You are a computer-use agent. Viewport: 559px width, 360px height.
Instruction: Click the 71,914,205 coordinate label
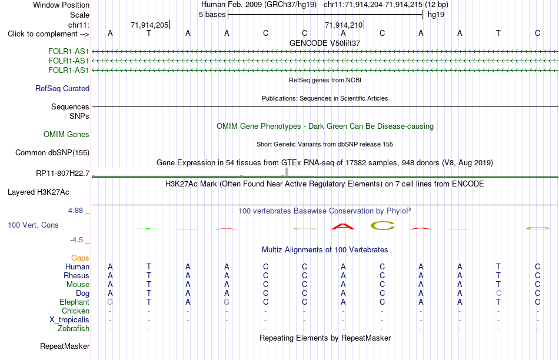(x=149, y=25)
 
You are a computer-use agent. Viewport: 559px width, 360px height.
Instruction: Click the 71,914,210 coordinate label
(x=343, y=25)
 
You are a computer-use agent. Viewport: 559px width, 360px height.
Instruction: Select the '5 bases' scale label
(x=212, y=15)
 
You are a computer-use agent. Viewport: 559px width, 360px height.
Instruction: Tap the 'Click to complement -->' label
(x=48, y=34)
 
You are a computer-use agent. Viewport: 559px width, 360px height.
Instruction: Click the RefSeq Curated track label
(x=62, y=88)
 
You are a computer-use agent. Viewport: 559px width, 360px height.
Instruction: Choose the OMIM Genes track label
(x=66, y=134)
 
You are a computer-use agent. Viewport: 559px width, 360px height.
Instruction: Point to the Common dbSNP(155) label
(x=52, y=152)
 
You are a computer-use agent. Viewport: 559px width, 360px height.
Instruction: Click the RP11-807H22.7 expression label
(x=63, y=173)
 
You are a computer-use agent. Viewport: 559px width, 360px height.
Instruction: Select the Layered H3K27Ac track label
(x=38, y=192)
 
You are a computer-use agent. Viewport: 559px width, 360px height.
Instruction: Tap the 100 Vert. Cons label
(x=33, y=225)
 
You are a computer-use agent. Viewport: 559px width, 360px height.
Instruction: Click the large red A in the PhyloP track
(x=343, y=226)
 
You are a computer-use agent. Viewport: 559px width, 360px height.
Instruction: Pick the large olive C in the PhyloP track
(x=383, y=226)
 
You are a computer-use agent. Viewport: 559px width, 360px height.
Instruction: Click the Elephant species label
(x=75, y=302)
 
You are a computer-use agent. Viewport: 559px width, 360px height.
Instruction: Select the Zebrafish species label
(x=74, y=328)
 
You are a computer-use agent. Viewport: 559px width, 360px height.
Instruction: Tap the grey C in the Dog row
(x=498, y=293)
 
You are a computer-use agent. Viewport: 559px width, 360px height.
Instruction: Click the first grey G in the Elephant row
(x=110, y=302)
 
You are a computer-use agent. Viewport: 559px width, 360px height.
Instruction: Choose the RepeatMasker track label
(x=65, y=346)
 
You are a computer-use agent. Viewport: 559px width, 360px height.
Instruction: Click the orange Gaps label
(x=80, y=258)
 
